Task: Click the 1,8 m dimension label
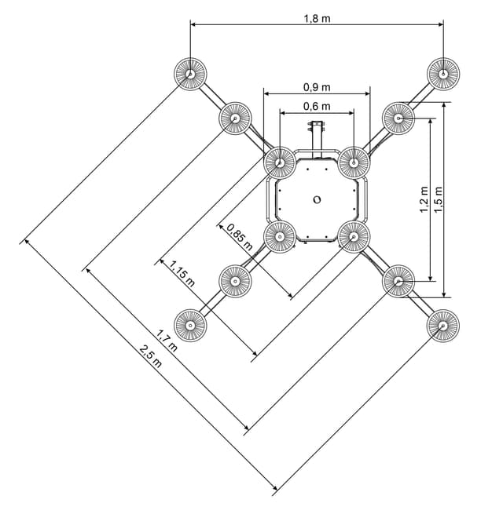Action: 317,19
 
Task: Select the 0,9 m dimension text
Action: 317,87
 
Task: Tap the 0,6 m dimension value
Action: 317,106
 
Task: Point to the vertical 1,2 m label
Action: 424,199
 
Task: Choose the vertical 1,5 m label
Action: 438,199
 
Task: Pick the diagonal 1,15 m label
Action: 182,273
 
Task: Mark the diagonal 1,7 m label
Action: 167,341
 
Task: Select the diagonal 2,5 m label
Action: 151,356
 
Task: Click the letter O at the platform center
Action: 317,199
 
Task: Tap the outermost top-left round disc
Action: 190,74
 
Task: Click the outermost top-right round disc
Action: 443,74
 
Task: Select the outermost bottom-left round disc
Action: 190,326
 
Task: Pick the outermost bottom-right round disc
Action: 443,326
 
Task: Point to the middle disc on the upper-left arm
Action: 235,118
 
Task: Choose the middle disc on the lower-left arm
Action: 235,281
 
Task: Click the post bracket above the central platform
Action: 317,126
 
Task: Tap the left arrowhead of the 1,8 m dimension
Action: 193,24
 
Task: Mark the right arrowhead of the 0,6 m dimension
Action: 351,113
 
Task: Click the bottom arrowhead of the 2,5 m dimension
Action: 274,487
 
